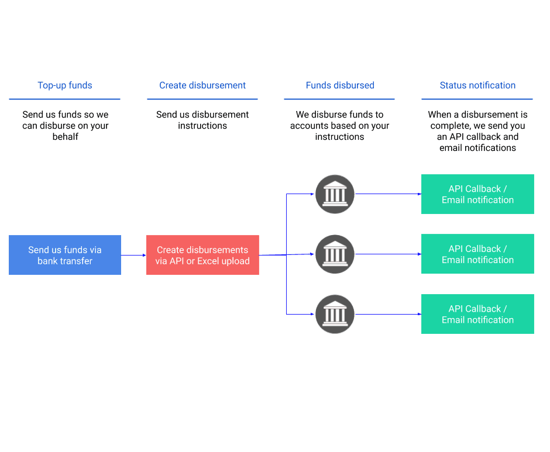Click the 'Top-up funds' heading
click(x=64, y=85)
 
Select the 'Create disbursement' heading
click(x=202, y=85)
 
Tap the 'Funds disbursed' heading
click(x=339, y=85)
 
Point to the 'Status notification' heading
click(x=477, y=85)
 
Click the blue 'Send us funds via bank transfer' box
click(x=65, y=255)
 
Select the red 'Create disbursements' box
click(x=202, y=255)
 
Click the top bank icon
click(x=335, y=194)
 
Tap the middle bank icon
click(x=335, y=254)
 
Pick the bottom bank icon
click(x=335, y=314)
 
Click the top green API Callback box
click(x=477, y=194)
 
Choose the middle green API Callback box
click(x=477, y=254)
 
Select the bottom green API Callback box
click(x=477, y=314)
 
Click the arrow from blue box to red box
click(x=133, y=255)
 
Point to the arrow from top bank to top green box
click(x=388, y=194)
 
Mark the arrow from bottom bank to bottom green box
click(x=388, y=314)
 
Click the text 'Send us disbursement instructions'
click(x=202, y=120)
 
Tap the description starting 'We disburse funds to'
click(x=339, y=126)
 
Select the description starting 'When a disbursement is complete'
click(x=477, y=131)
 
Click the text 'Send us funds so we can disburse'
click(x=65, y=126)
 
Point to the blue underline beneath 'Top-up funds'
click(x=64, y=99)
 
